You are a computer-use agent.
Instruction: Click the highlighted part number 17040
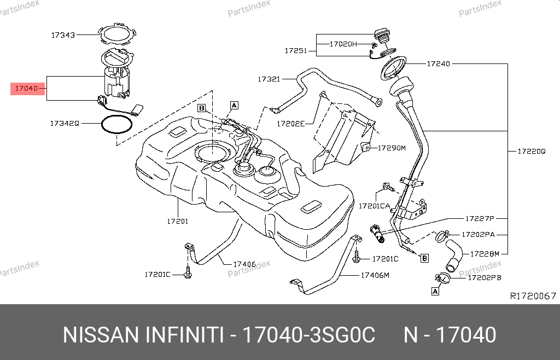26,88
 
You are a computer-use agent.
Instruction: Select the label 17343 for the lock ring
63,35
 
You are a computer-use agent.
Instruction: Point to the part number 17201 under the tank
177,222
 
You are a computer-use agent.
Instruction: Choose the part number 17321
269,79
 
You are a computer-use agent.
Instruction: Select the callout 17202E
290,124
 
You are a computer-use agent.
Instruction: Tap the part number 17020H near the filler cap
343,43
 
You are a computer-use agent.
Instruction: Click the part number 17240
438,63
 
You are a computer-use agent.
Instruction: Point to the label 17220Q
532,151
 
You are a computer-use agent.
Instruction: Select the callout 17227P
480,218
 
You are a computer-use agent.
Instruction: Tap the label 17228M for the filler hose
485,254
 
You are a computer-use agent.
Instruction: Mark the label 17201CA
374,206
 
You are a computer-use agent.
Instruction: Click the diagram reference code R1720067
533,296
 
